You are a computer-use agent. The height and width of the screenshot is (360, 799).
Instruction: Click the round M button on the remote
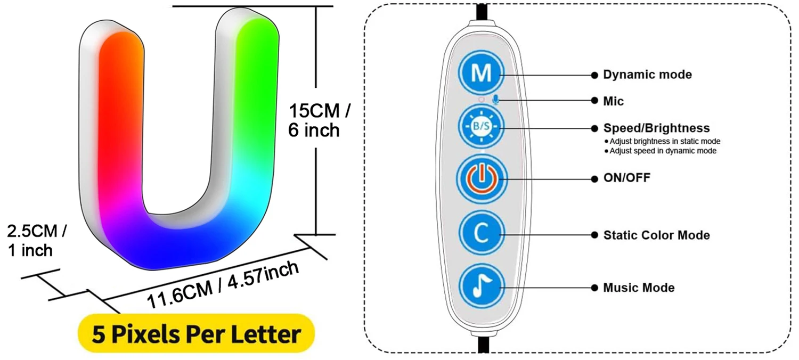point(482,74)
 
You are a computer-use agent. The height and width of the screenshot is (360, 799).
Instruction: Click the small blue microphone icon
point(496,100)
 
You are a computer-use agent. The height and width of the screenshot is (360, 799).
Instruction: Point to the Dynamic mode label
point(647,75)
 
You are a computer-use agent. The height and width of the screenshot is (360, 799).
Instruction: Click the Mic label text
point(613,101)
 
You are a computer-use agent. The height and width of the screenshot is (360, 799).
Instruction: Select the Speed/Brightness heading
point(656,128)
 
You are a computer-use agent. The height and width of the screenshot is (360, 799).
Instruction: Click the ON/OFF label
point(626,178)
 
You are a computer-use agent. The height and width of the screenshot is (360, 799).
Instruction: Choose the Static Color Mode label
point(656,235)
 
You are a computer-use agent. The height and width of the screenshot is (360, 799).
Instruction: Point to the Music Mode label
point(639,288)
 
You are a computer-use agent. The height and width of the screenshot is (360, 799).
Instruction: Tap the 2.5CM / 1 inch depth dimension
point(36,241)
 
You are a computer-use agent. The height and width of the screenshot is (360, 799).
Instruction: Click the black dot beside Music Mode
point(594,288)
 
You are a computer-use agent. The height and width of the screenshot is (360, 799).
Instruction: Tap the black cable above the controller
point(482,11)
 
